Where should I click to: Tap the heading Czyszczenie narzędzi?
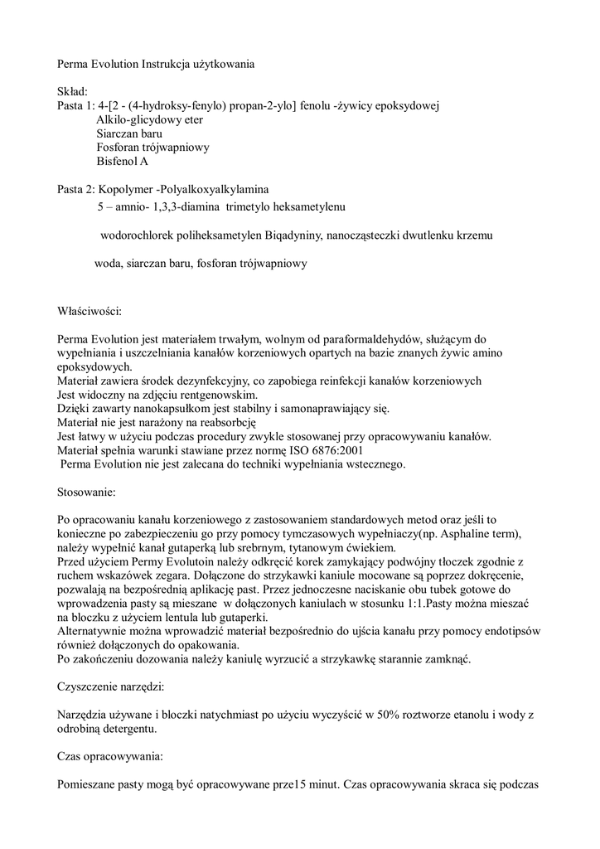click(x=110, y=687)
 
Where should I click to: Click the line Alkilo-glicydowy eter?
click(x=149, y=119)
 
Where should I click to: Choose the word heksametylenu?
click(x=306, y=204)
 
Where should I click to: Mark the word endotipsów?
click(x=501, y=632)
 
